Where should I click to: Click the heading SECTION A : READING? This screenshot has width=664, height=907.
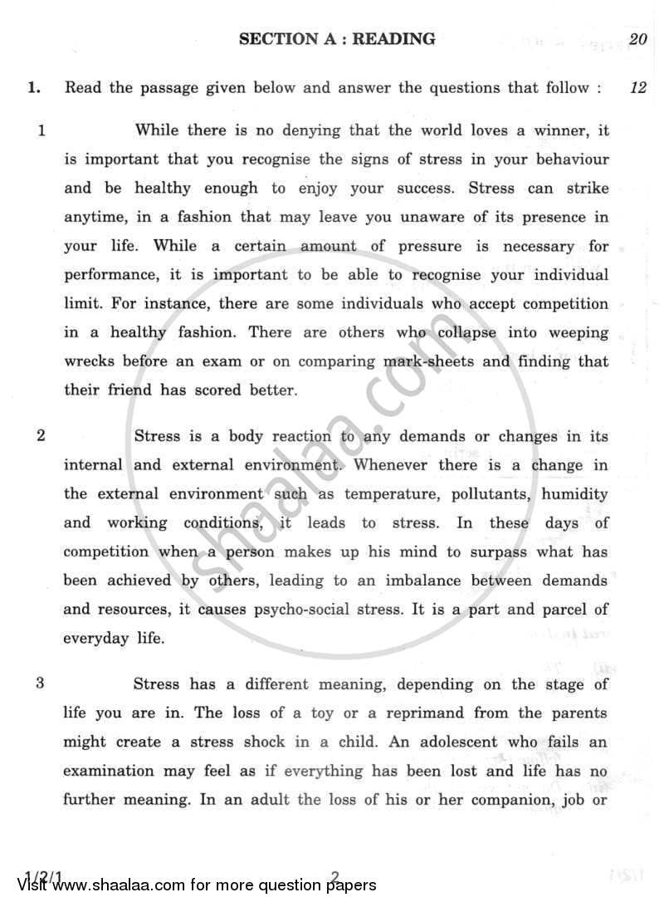click(x=336, y=38)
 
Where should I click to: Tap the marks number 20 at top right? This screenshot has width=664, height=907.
click(x=637, y=38)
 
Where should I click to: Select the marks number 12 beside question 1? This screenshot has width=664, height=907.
click(x=637, y=87)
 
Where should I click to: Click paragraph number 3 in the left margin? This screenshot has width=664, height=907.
click(x=41, y=684)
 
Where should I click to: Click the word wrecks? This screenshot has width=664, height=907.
click(x=90, y=361)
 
